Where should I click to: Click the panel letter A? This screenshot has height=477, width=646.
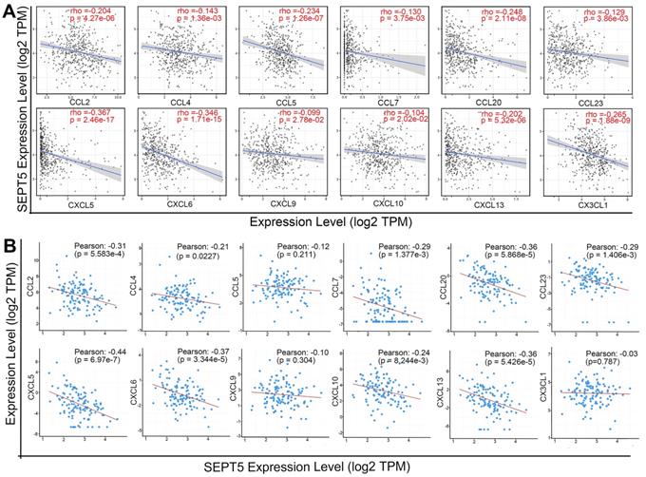10,10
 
